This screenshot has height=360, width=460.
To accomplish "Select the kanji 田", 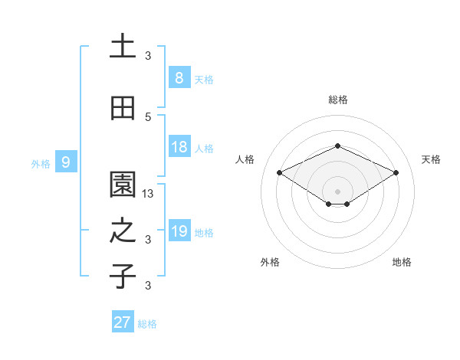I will (123, 109).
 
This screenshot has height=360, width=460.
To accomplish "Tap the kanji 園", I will (123, 185).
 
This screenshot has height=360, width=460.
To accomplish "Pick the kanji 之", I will (123, 231).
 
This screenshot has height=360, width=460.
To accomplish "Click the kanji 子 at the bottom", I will (123, 276).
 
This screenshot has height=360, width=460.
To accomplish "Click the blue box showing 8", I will (179, 78).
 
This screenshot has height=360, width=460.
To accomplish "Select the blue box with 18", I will (179, 148).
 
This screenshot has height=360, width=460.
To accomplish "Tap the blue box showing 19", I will (179, 231).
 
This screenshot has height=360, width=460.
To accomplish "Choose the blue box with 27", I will (122, 322).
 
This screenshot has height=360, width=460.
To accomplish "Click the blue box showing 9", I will (66, 162).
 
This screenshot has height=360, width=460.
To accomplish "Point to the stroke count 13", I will (148, 194).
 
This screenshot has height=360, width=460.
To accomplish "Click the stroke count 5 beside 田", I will (148, 117).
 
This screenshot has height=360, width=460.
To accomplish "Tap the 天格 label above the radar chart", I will (431, 159).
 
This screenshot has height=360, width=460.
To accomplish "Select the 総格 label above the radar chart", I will (337, 100).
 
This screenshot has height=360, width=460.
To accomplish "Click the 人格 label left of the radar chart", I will (245, 159).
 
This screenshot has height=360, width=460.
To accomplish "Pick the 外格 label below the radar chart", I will (270, 262).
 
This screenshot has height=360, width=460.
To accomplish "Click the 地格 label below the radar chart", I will (402, 262).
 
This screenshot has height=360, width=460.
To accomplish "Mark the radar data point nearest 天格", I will (396, 173).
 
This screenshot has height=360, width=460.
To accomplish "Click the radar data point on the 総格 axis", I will (337, 146).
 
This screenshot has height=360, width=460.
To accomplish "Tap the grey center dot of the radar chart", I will (337, 191).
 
